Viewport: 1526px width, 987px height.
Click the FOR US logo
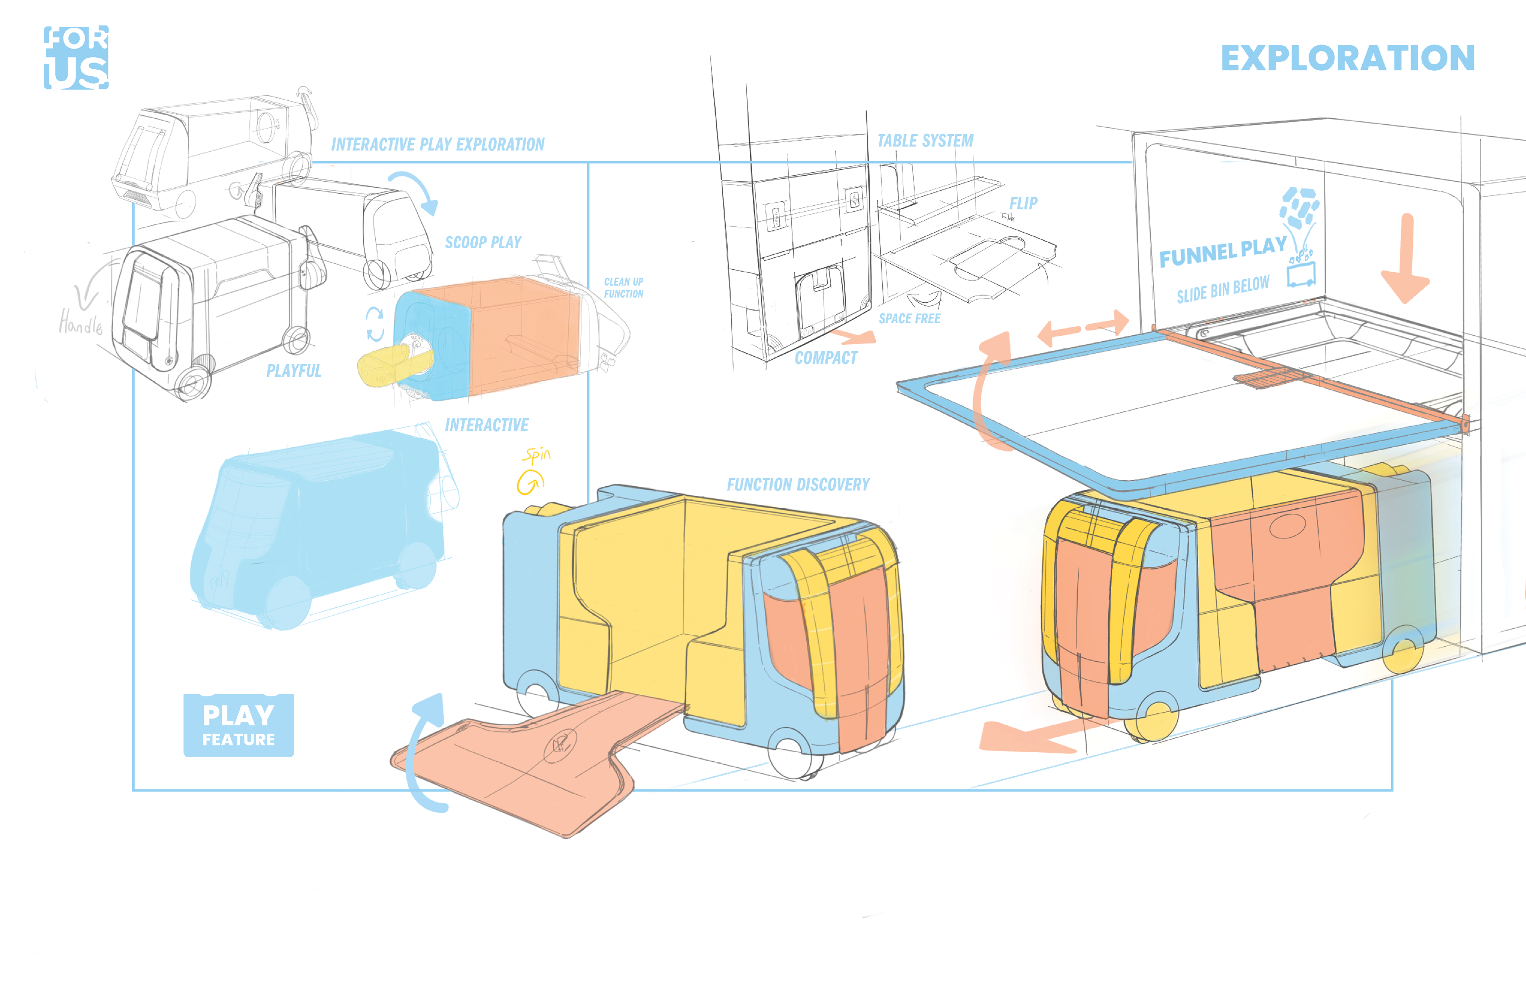point(76,58)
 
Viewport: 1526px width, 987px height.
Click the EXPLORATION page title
point(1347,58)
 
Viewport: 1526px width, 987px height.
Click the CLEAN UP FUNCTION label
point(623,288)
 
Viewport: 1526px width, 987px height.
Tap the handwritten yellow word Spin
point(536,455)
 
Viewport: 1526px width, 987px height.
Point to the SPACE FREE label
point(909,319)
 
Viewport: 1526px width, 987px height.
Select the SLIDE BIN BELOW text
point(1223,289)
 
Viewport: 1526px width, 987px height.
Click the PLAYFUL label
point(294,371)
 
